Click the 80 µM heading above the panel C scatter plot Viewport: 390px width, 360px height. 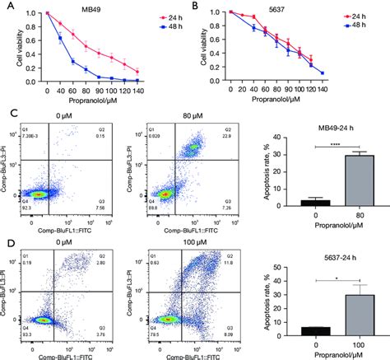tap(164, 118)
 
